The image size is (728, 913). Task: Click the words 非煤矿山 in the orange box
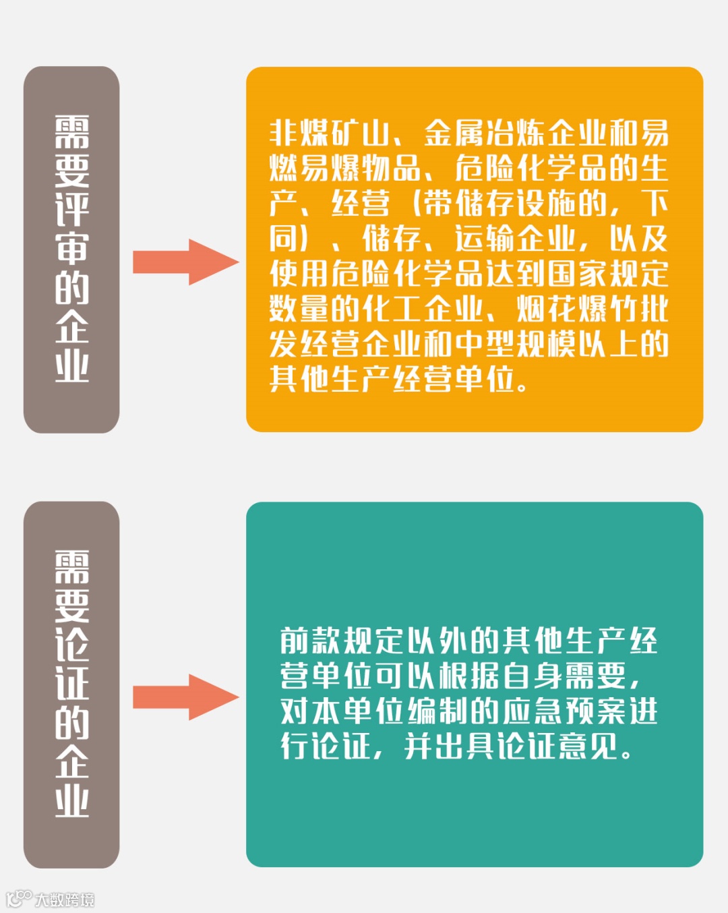pyautogui.click(x=330, y=133)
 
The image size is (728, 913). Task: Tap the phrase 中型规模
pyautogui.click(x=515, y=343)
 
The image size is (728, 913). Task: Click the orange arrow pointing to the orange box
pyautogui.click(x=185, y=262)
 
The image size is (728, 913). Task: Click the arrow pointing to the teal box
pyautogui.click(x=185, y=697)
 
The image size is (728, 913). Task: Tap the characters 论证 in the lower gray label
pyautogui.click(x=71, y=664)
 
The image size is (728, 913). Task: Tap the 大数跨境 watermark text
pyautogui.click(x=65, y=900)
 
